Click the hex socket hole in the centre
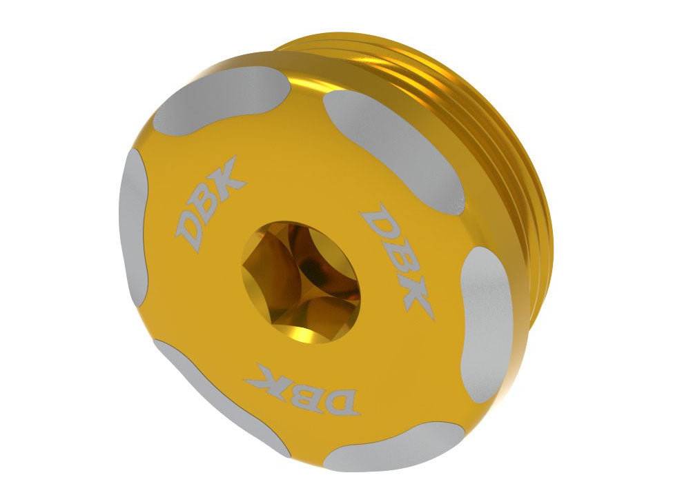point(301,283)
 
